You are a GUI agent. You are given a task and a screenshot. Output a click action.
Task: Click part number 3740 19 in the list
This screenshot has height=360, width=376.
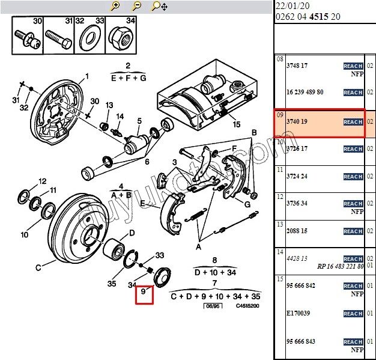(x=297, y=122)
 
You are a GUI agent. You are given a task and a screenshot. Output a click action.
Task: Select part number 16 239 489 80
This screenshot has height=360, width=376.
(x=305, y=92)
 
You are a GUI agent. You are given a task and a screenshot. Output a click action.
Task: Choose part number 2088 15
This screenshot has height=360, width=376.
(x=297, y=231)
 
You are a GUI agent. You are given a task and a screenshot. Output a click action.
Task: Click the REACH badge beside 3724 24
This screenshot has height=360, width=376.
(x=353, y=177)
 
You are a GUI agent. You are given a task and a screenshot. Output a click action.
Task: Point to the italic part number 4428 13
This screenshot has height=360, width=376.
(x=297, y=258)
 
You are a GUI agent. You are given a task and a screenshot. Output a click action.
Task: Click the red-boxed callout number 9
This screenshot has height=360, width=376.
(x=144, y=294)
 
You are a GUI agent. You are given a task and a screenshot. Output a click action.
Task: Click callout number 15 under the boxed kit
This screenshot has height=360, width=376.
(x=236, y=125)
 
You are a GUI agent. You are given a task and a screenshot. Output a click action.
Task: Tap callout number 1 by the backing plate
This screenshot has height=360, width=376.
(x=86, y=76)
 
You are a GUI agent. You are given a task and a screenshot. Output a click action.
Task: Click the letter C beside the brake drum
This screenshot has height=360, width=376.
(x=38, y=267)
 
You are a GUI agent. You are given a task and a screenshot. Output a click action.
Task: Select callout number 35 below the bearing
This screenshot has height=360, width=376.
(x=111, y=284)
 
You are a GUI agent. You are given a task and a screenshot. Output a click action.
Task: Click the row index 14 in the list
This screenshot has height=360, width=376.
(x=279, y=252)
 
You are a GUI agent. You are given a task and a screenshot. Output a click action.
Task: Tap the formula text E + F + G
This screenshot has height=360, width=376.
(x=129, y=78)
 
